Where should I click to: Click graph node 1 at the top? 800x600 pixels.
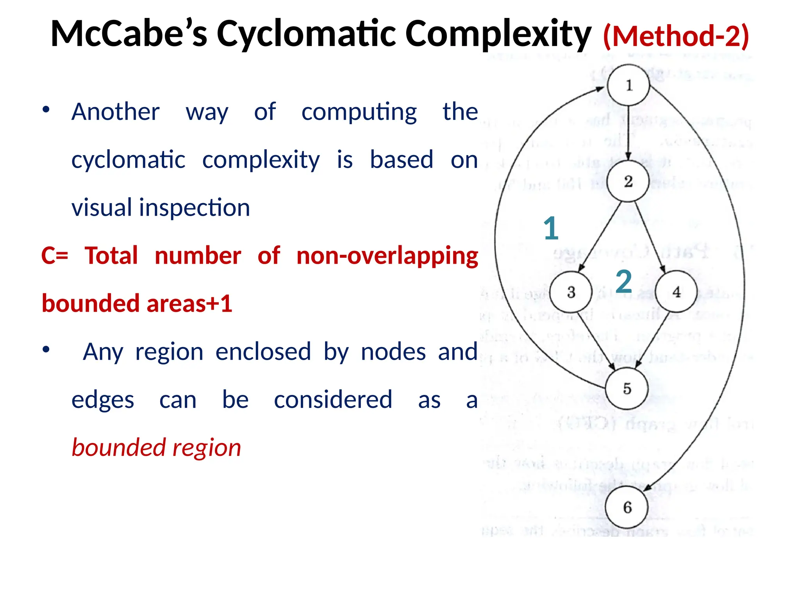click(x=628, y=85)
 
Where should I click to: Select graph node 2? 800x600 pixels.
click(x=628, y=182)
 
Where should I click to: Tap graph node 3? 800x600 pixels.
click(x=571, y=292)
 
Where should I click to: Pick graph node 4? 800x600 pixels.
click(x=676, y=292)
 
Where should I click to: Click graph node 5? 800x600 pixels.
click(x=627, y=389)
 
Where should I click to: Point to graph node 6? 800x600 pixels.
click(x=627, y=507)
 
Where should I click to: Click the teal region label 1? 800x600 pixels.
click(x=551, y=228)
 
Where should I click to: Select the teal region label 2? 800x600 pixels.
click(x=623, y=281)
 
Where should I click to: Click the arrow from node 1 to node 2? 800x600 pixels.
click(x=628, y=133)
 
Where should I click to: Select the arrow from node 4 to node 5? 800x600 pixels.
click(x=653, y=340)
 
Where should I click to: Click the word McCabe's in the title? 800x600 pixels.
click(x=129, y=34)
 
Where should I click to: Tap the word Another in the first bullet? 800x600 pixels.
click(x=116, y=112)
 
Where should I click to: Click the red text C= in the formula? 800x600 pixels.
click(x=55, y=256)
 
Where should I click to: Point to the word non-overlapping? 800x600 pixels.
click(x=387, y=256)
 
